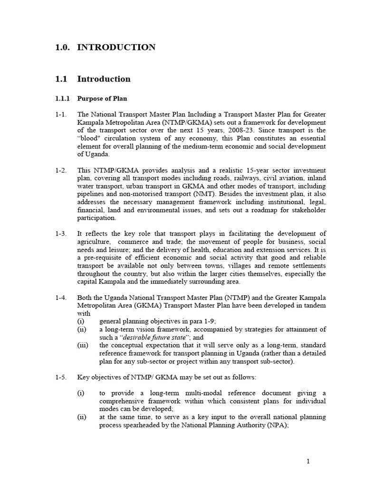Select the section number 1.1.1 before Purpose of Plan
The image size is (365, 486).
61,98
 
